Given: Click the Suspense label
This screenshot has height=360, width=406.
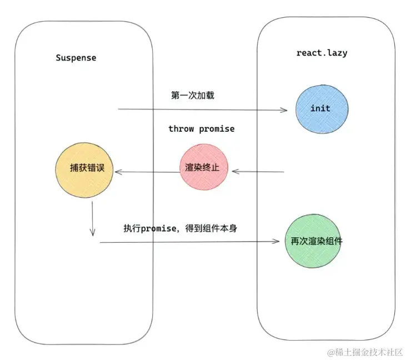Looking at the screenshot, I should [x=76, y=58].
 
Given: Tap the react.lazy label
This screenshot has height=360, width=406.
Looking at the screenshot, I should [x=322, y=53].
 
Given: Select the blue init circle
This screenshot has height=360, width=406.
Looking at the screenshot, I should [x=320, y=109].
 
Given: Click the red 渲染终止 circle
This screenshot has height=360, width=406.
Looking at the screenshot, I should [x=202, y=167].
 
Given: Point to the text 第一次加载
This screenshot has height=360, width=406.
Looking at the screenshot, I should [x=193, y=95].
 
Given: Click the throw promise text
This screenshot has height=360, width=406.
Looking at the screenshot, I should [x=201, y=129].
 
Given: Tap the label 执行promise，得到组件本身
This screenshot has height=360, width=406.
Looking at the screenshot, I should [x=181, y=228].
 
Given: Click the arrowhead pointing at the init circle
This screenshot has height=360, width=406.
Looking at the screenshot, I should [x=284, y=110].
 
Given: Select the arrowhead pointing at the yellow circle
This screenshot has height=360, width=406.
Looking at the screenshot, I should [x=118, y=172].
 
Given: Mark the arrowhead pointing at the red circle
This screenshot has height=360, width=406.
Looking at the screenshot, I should [x=235, y=172].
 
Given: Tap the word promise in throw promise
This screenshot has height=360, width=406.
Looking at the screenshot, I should [x=217, y=129].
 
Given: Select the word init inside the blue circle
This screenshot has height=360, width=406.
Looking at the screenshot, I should [x=320, y=108].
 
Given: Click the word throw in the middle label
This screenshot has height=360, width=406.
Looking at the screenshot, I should [x=181, y=129].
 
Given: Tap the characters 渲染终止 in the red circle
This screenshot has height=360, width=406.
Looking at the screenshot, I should [x=202, y=167].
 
